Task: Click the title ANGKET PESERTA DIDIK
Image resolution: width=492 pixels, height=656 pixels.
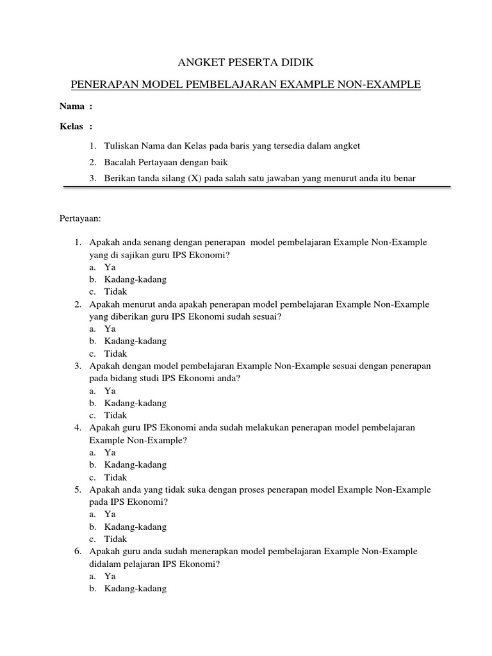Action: click(x=245, y=62)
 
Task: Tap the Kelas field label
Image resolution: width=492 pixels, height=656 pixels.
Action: click(x=72, y=126)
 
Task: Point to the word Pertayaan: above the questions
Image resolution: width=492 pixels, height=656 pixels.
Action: click(x=81, y=218)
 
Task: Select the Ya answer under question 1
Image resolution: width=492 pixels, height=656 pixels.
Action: click(x=110, y=267)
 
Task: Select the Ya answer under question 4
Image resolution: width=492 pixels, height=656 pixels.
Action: click(x=110, y=452)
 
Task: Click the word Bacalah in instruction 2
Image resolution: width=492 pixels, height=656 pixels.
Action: click(x=119, y=162)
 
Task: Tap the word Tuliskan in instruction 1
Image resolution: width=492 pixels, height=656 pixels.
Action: click(x=122, y=146)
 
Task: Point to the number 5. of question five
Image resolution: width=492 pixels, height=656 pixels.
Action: click(x=77, y=490)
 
